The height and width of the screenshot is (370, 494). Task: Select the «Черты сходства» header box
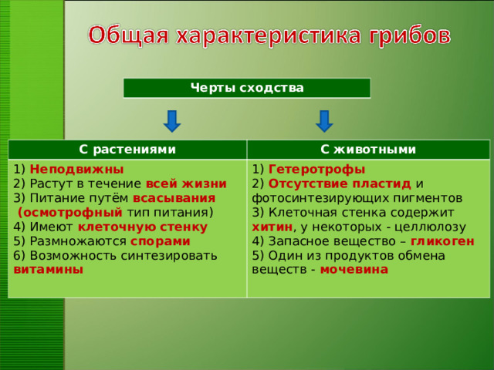coord(247,88)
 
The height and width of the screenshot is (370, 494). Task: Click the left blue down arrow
coord(172,120)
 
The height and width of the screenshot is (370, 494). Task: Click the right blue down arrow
coord(324,120)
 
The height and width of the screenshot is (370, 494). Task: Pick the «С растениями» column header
coord(127,150)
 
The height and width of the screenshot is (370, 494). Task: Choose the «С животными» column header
coord(368,150)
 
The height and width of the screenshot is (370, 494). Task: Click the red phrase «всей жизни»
coord(186,183)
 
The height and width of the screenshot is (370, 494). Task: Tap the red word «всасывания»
coord(174,198)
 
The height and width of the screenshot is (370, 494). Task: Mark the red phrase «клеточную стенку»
coord(142,227)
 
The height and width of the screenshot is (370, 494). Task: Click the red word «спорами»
coord(160,240)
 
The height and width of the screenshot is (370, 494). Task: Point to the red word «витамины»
coord(49,270)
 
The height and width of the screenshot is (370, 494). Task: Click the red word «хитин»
coord(272,227)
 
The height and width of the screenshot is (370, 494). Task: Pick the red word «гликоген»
coord(442,241)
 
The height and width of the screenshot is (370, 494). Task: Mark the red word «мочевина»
coord(354,270)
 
